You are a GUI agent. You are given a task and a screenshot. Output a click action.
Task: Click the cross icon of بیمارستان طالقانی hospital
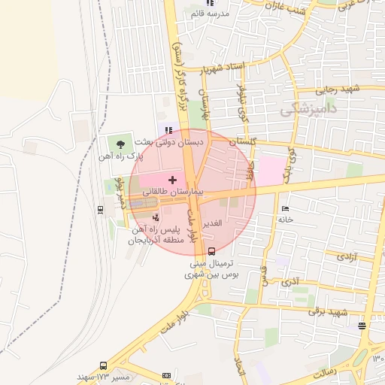click(x=173, y=180)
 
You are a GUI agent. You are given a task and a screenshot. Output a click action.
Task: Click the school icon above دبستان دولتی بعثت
click(x=168, y=130)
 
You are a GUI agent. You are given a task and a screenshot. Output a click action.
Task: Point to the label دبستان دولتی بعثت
click(x=170, y=141)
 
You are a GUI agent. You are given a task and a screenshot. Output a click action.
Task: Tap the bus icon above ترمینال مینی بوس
click(x=211, y=251)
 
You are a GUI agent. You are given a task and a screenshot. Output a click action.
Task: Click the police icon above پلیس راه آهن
click(x=156, y=217)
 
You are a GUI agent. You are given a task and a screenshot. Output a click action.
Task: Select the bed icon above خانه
click(x=283, y=208)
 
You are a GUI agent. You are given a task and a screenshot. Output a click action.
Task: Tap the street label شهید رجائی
click(x=338, y=89)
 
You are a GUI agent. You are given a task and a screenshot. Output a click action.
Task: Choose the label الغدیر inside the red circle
click(x=216, y=224)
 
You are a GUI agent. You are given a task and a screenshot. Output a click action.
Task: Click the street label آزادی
click(x=347, y=257)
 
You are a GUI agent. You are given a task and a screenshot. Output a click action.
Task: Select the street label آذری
click(x=290, y=283)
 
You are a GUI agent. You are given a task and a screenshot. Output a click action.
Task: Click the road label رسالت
click(x=323, y=372)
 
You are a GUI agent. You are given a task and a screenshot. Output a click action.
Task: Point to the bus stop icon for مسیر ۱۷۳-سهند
click(x=164, y=374)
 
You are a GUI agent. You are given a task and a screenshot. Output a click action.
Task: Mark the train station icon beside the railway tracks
click(x=101, y=209)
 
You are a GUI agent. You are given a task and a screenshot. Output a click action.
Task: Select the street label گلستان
click(x=242, y=141)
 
